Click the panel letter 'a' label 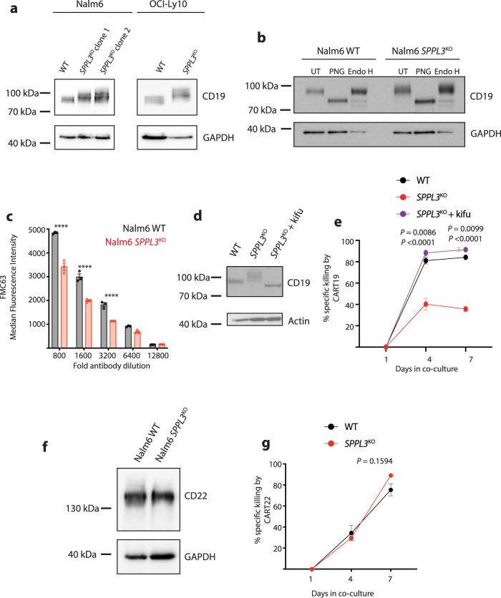pyautogui.click(x=9, y=8)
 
